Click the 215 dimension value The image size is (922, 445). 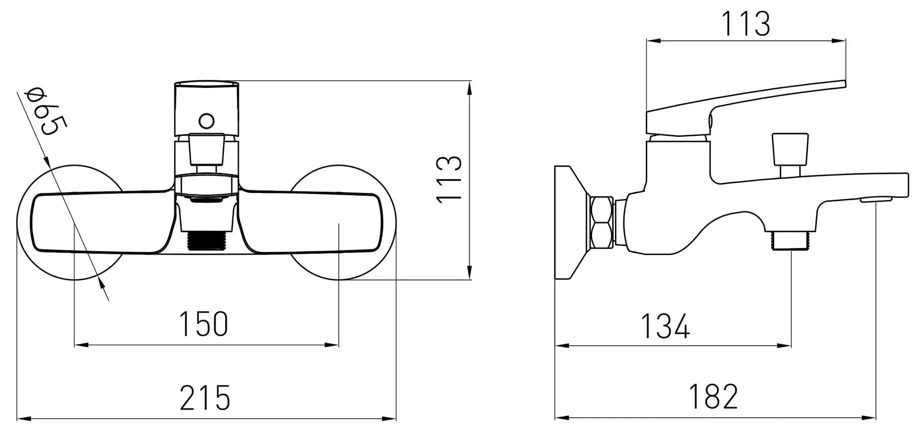pyautogui.click(x=205, y=397)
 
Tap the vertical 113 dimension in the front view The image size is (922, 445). pyautogui.click(x=450, y=179)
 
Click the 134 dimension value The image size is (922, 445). pyautogui.click(x=665, y=326)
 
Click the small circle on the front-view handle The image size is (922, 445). pyautogui.click(x=206, y=120)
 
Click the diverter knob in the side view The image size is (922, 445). pyautogui.click(x=790, y=149)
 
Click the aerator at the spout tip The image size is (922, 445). pyautogui.click(x=875, y=200)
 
